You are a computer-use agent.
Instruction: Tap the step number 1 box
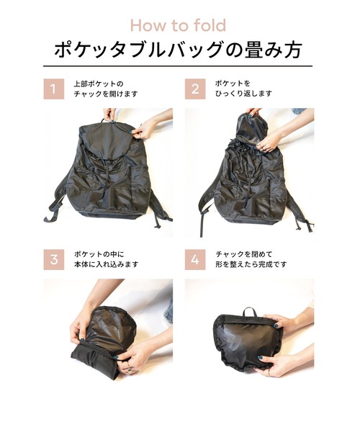pos(52,89)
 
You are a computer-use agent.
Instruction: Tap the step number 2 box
pos(194,89)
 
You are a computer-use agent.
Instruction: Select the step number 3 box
pos(52,259)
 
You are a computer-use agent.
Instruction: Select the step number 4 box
pos(194,259)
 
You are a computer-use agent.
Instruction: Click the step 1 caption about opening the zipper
pos(104,89)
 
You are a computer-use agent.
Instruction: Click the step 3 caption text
pos(105,259)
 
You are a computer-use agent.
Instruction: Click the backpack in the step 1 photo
pos(108,173)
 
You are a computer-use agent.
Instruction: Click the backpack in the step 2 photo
pos(248,180)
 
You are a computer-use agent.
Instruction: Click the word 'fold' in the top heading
pos(208,26)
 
